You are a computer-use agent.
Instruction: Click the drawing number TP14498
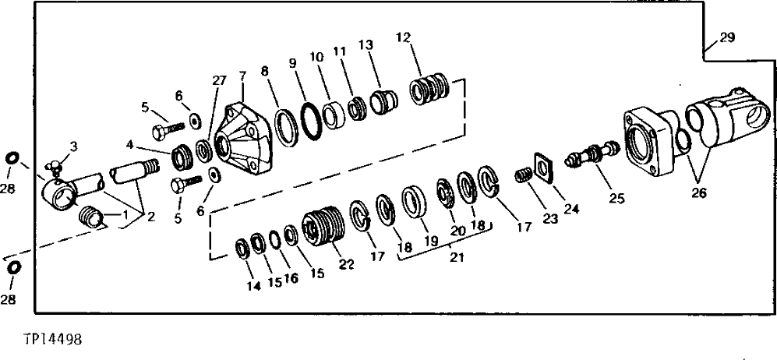52,340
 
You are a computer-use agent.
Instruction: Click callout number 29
726,38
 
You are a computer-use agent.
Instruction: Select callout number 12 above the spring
403,37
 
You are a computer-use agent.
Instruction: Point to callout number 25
616,198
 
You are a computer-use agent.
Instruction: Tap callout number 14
252,286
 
